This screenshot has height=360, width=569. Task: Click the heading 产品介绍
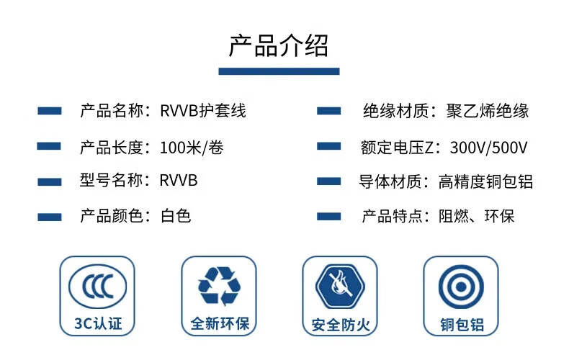pos(279,45)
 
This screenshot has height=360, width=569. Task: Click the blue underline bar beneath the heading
pos(279,71)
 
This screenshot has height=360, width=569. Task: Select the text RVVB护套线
pos(203,111)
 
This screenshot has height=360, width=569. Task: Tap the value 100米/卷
pos(192,148)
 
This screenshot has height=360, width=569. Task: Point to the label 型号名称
pos(111,181)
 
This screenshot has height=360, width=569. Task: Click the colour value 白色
pos(176,216)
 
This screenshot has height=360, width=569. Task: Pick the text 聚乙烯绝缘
pos(488,111)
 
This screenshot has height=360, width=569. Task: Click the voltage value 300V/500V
pos(488,148)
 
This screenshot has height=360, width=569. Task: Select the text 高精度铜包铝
pos(485,181)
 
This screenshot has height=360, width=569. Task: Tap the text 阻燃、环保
pos(476,216)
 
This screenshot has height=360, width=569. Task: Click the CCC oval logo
pos(98,286)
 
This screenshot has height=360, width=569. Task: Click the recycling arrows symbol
pos(219,287)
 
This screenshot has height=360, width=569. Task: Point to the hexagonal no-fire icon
pos(340,287)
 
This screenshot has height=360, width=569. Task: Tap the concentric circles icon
pos(461,287)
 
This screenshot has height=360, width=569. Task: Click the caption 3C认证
pos(98,323)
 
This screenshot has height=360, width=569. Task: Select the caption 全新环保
pos(220,323)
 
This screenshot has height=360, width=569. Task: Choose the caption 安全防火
pos(341,325)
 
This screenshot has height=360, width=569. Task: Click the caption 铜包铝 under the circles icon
pos(462,325)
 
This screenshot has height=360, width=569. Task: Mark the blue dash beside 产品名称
pos(50,111)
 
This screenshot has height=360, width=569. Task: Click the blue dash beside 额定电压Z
pos(328,146)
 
